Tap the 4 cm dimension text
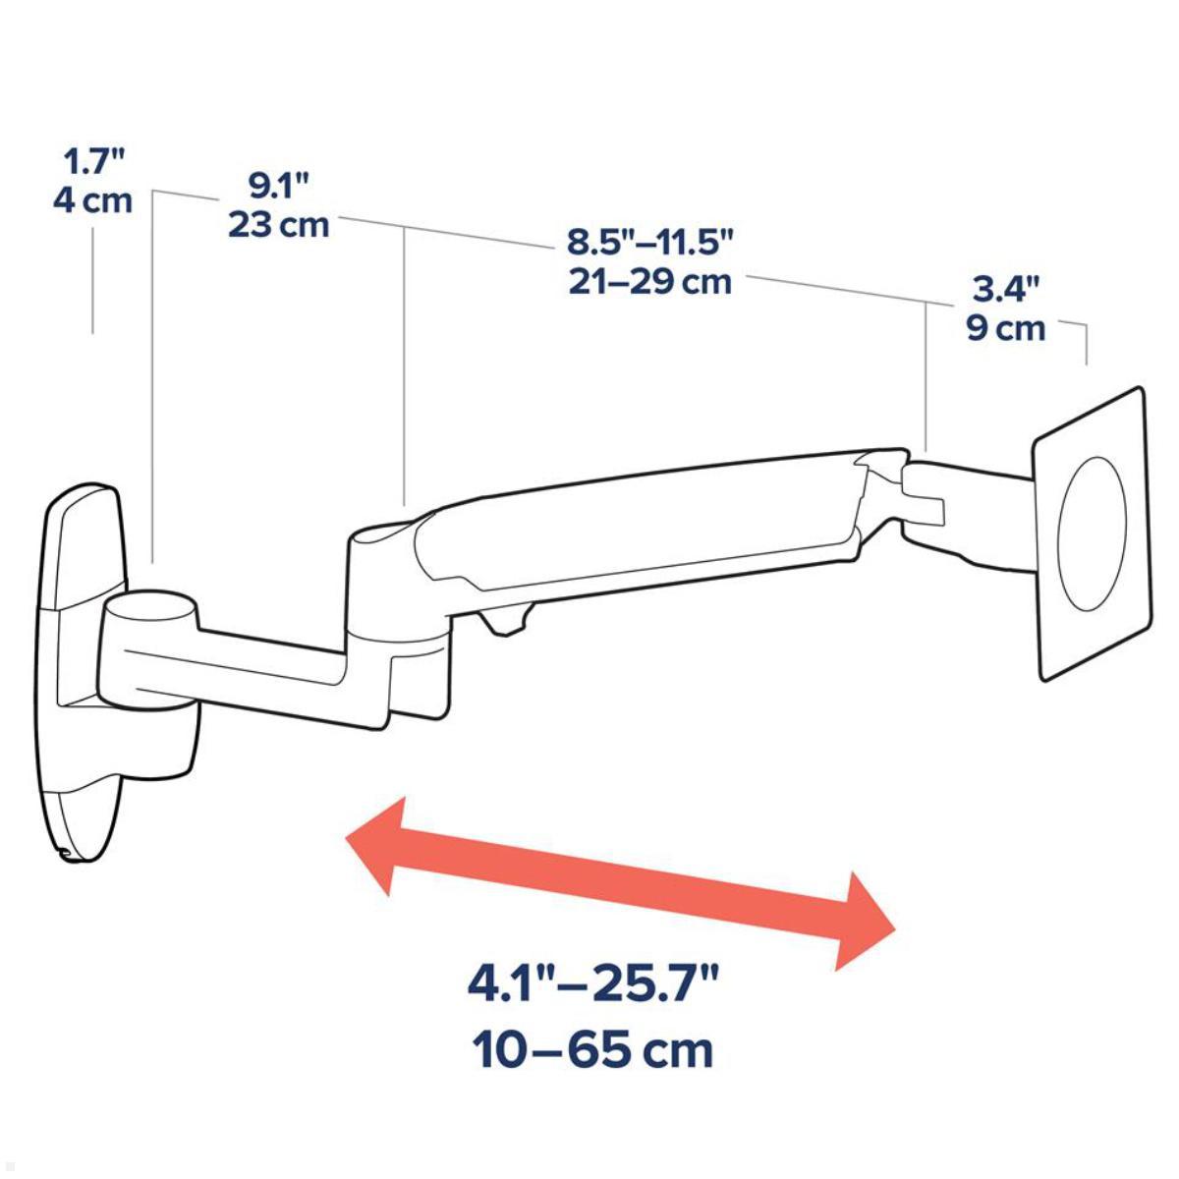point(91,201)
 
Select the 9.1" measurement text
point(278,185)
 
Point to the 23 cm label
point(278,225)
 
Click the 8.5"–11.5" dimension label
point(650,241)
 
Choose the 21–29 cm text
point(650,282)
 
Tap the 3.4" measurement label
point(1006,289)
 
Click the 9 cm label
point(1006,328)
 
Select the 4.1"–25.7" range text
point(593,983)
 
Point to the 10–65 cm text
point(593,1050)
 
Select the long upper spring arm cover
point(639,521)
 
